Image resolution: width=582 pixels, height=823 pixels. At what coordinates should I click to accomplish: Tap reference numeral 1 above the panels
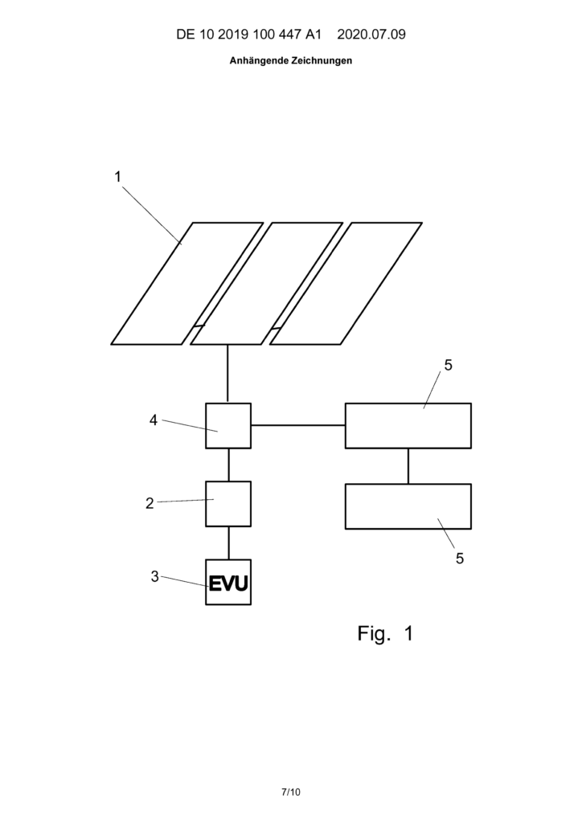click(118, 177)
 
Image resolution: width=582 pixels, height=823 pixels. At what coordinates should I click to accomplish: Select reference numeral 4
click(154, 420)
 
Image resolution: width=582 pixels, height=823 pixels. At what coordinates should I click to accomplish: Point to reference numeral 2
click(150, 503)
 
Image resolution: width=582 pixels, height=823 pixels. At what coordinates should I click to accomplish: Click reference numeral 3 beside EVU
click(155, 576)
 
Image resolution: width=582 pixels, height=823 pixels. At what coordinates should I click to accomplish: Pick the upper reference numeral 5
click(449, 366)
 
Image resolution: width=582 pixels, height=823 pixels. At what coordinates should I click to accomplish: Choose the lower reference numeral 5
click(460, 559)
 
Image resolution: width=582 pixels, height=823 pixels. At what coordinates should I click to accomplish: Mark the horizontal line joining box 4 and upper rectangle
click(298, 424)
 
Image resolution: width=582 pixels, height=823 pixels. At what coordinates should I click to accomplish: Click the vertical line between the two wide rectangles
click(408, 466)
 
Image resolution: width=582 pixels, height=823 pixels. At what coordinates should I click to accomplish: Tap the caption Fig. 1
click(385, 633)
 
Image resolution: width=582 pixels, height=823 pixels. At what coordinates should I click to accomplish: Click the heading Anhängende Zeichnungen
click(291, 60)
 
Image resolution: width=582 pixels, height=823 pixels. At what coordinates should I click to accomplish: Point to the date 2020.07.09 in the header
click(371, 35)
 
